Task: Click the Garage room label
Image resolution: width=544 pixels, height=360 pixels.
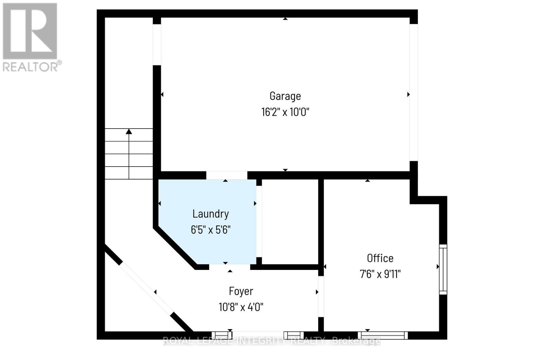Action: pyautogui.click(x=285, y=96)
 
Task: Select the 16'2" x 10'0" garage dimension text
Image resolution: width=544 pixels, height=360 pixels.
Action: pyautogui.click(x=285, y=112)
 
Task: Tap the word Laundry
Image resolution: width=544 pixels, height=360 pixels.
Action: pyautogui.click(x=210, y=214)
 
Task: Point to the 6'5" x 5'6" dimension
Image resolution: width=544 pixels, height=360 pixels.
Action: pyautogui.click(x=210, y=230)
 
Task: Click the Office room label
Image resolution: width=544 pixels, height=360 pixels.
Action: pyautogui.click(x=380, y=258)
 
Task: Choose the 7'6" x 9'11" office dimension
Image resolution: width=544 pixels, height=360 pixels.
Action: pyautogui.click(x=380, y=274)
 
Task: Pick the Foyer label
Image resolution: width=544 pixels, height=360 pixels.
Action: pyautogui.click(x=241, y=291)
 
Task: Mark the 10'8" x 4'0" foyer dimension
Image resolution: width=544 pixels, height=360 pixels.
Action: pyautogui.click(x=241, y=307)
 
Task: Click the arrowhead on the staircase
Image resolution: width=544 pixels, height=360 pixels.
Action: pyautogui.click(x=129, y=132)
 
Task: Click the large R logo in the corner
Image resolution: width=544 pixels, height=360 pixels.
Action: pyautogui.click(x=30, y=31)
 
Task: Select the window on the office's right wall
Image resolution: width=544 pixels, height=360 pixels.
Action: pyautogui.click(x=443, y=269)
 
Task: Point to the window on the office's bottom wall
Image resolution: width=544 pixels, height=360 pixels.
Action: pyautogui.click(x=384, y=335)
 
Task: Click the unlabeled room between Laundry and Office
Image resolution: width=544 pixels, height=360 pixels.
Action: pyautogui.click(x=290, y=221)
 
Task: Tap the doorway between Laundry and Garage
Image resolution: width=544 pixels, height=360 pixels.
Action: pyautogui.click(x=226, y=175)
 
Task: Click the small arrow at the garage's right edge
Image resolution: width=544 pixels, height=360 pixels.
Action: pyautogui.click(x=408, y=95)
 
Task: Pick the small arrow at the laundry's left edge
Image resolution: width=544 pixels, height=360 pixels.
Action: pyautogui.click(x=159, y=204)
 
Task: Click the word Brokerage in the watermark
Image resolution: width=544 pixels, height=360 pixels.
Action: pyautogui.click(x=356, y=341)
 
